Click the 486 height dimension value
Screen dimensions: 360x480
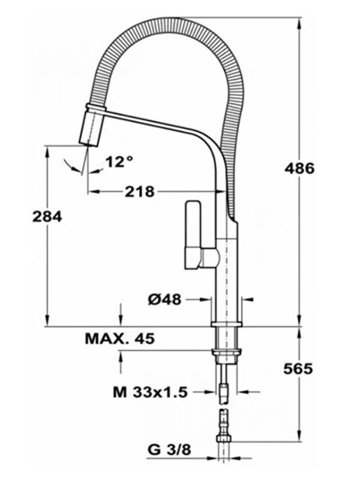pos(299,169)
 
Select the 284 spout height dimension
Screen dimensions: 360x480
pos(47,217)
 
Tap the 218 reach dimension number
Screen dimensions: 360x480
pos(140,192)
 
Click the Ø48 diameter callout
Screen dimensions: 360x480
pos(164,299)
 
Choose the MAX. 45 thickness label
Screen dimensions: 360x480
pos(119,338)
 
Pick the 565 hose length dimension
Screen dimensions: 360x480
pos(298,369)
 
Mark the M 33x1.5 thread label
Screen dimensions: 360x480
pos(150,392)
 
